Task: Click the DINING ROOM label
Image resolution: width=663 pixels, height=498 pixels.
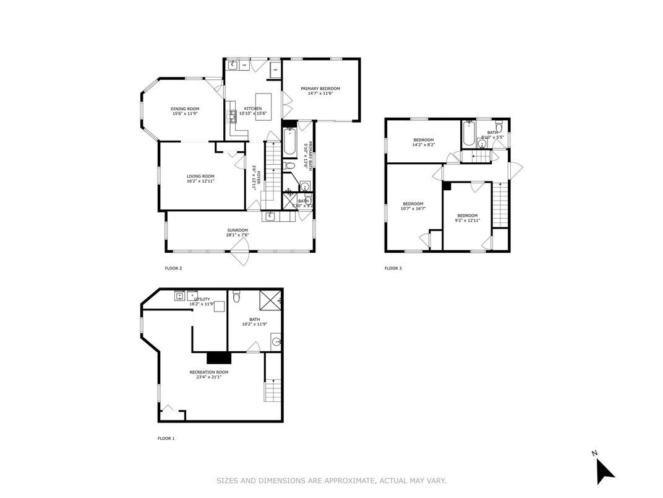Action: [x=185, y=109]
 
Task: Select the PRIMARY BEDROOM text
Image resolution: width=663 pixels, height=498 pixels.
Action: [x=320, y=89]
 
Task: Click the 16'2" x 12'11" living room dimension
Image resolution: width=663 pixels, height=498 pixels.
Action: [x=200, y=181]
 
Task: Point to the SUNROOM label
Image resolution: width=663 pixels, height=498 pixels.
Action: [x=237, y=230]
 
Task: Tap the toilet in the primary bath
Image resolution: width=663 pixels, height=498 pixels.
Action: [x=289, y=165]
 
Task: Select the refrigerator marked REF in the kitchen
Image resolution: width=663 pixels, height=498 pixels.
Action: [x=275, y=70]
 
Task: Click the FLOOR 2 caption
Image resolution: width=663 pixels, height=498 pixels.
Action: [x=173, y=268]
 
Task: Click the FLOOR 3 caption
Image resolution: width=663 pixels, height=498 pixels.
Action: [x=393, y=268]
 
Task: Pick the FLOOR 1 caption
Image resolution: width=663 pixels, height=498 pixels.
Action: [x=166, y=439]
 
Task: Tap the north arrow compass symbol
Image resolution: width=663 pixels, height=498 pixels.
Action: [x=604, y=471]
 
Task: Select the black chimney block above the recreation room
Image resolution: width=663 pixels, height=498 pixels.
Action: [x=218, y=357]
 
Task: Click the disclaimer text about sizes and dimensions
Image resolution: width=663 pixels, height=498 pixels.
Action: [x=331, y=480]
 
